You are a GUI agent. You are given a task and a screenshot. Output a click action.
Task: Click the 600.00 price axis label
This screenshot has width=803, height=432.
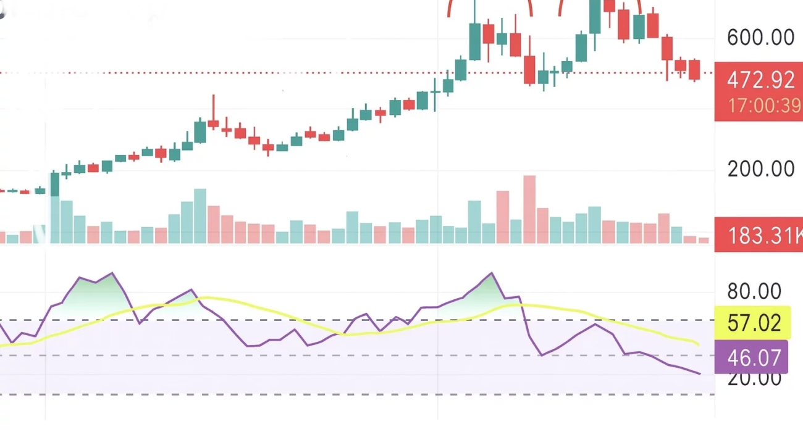760,38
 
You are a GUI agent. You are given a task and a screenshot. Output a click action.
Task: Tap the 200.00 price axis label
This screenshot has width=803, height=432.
760,168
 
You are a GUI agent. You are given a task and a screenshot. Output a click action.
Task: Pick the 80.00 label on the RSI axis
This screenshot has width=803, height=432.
754,291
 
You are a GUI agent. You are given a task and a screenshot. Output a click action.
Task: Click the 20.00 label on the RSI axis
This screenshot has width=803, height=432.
754,378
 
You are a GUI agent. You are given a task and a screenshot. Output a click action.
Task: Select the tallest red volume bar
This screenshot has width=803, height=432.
529,210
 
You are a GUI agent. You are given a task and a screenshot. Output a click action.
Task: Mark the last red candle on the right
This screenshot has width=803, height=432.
694,70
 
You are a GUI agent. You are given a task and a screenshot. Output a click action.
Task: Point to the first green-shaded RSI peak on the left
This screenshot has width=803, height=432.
112,273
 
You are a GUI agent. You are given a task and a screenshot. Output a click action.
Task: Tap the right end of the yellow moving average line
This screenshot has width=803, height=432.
698,344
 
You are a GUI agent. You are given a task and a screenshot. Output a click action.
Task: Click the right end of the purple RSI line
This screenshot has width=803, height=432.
699,373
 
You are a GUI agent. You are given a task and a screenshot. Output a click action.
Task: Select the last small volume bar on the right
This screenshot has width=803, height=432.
703,240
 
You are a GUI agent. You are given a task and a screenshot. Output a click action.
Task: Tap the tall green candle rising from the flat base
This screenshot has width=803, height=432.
54,183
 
